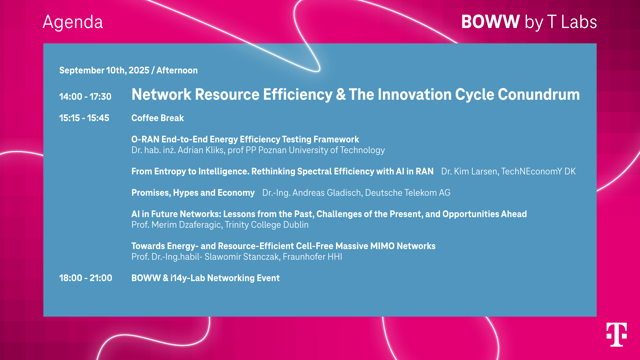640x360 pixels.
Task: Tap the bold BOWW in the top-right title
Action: tap(490, 22)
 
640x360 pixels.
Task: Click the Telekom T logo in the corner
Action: tap(616, 334)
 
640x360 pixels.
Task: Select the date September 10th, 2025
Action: tap(104, 70)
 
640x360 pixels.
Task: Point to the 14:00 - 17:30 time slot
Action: tap(85, 97)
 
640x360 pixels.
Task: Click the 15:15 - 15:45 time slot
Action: tap(84, 118)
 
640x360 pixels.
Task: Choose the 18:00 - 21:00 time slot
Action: tap(86, 278)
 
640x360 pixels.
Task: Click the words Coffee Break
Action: tap(158, 118)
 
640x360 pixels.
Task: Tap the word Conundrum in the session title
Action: tap(539, 94)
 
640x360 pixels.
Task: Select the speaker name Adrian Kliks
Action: tap(201, 150)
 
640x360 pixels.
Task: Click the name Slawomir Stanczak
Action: tap(242, 257)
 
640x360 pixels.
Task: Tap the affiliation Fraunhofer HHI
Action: tap(312, 257)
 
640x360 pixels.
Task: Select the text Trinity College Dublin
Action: tap(267, 225)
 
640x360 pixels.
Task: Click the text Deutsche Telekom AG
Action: tap(408, 193)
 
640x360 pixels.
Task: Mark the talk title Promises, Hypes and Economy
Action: tap(193, 193)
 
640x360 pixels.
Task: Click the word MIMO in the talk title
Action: tap(382, 246)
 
